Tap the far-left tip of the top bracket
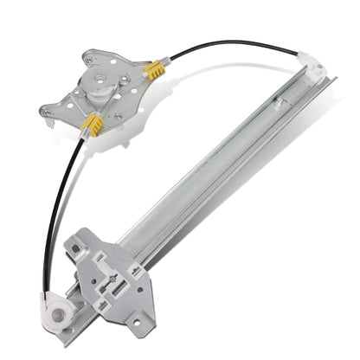click(42, 110)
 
